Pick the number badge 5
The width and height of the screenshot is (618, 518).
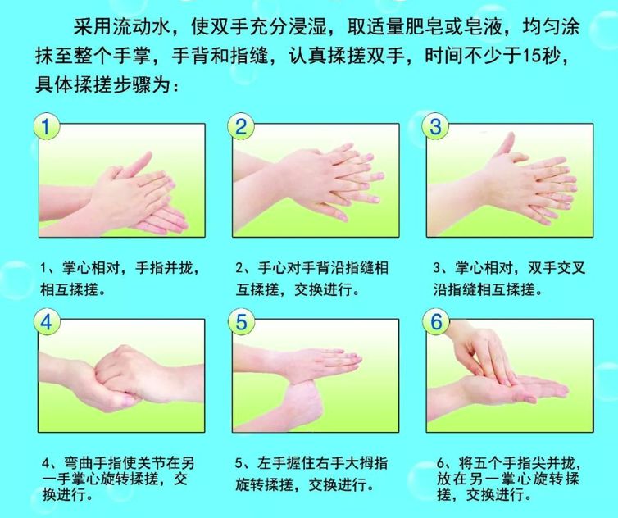(241, 321)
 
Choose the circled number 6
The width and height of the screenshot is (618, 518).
(436, 321)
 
